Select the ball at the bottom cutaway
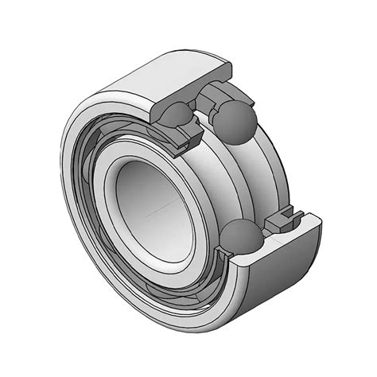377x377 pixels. click(x=239, y=239)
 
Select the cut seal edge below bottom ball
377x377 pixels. click(x=239, y=262)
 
